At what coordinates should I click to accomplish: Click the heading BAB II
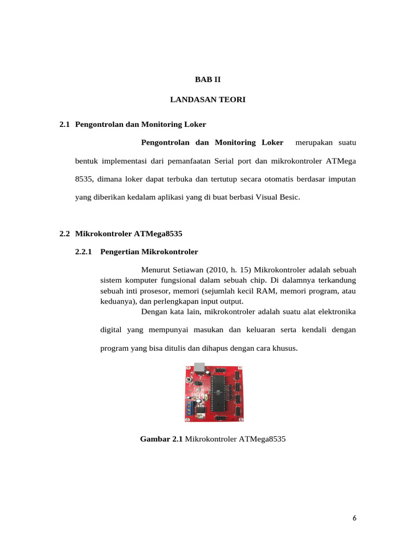[208, 79]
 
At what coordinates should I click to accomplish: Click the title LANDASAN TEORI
[208, 100]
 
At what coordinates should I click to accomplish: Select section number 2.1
[65, 124]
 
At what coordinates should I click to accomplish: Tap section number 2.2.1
[84, 251]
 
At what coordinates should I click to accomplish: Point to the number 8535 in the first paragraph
[83, 178]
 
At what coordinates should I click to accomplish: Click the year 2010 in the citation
[216, 269]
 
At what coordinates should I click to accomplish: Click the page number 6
[354, 518]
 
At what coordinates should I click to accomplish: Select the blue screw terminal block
[189, 408]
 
